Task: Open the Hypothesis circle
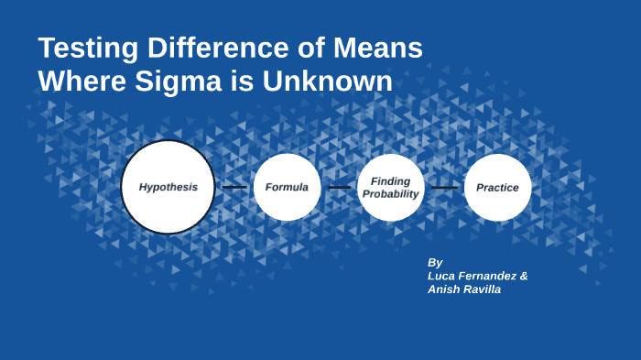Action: click(168, 187)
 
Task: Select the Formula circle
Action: click(287, 187)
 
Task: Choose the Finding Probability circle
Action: click(391, 187)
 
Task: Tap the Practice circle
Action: click(497, 187)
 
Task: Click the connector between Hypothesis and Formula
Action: click(234, 187)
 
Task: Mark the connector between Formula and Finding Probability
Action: click(340, 187)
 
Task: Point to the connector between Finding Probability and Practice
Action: click(445, 187)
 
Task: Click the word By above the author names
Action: click(435, 262)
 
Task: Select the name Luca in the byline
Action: click(443, 276)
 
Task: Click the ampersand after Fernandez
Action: click(524, 276)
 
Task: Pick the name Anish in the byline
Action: click(445, 289)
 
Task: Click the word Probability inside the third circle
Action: click(391, 193)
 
